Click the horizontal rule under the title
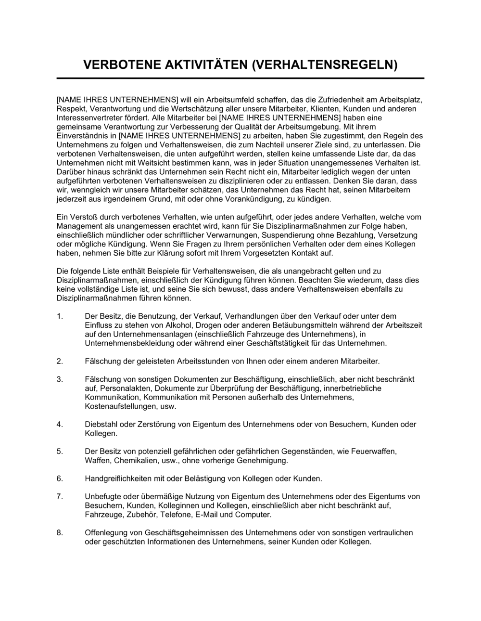(x=240, y=78)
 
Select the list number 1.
(x=60, y=316)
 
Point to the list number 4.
(x=60, y=425)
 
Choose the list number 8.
(x=60, y=533)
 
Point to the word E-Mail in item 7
(x=208, y=515)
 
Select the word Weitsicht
(x=135, y=163)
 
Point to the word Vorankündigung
(x=258, y=199)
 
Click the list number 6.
(x=60, y=479)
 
